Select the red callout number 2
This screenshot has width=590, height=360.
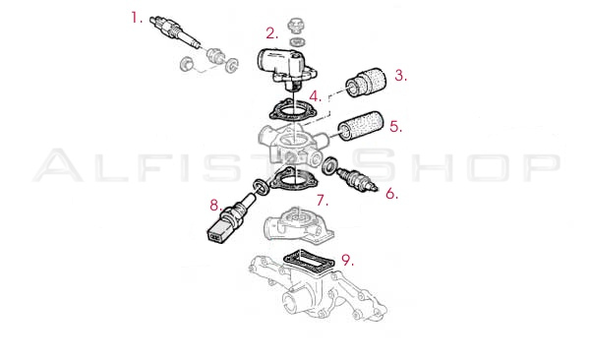271,33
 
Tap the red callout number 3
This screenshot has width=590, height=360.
400,76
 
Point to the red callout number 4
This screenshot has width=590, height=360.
316,96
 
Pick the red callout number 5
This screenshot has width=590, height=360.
395,127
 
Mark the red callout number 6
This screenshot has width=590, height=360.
391,194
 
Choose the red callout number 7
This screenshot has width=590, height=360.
322,200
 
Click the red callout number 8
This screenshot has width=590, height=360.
215,206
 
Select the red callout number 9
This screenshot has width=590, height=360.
347,260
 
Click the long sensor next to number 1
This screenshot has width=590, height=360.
175,32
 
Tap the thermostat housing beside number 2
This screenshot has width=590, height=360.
286,67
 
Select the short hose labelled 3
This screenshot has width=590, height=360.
366,83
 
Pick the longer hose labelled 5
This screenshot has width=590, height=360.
361,126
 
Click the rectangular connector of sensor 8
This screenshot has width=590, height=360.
217,230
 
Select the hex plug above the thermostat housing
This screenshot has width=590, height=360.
296,26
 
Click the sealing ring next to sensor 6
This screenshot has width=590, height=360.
330,166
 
